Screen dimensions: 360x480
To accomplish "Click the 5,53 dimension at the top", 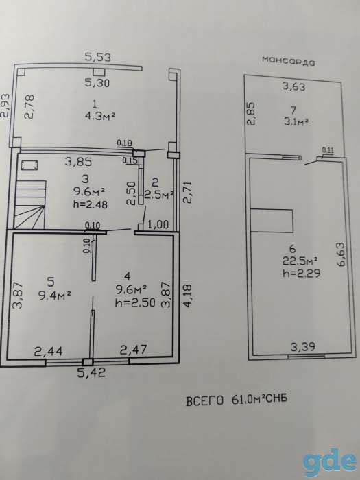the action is (x=97, y=57).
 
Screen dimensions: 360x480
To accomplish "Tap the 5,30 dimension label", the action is (x=97, y=82).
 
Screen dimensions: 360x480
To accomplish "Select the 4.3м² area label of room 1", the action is (x=100, y=117).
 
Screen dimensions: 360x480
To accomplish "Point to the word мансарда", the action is (x=289, y=60).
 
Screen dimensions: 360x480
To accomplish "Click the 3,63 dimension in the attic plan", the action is (x=293, y=86).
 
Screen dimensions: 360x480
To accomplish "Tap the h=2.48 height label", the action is (x=91, y=204).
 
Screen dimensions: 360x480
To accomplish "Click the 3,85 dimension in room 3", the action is (x=78, y=161).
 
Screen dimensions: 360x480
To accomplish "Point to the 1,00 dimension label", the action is (x=158, y=225).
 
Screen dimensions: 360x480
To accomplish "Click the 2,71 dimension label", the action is (x=187, y=192).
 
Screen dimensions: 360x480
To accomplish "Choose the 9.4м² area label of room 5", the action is (x=55, y=296).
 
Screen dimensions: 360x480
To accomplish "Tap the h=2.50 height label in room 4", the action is (x=135, y=302).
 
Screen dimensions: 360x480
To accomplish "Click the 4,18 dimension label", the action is (x=187, y=296).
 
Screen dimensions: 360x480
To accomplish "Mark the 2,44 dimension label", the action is (x=49, y=351).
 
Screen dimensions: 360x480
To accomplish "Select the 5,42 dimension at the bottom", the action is (x=91, y=372).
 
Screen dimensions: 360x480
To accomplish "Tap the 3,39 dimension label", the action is (x=303, y=347).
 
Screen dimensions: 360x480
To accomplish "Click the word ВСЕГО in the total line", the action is (x=205, y=400).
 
